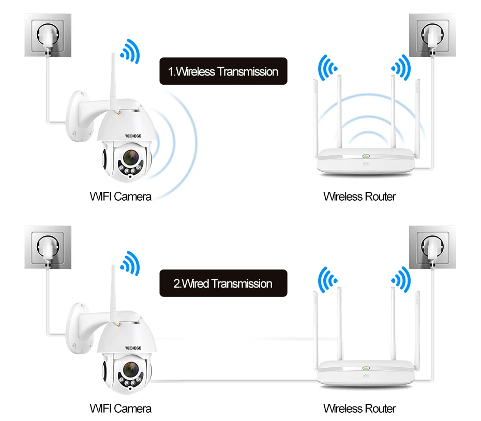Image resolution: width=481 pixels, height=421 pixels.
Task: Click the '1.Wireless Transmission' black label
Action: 223,71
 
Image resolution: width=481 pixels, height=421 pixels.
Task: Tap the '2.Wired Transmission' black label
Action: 223,283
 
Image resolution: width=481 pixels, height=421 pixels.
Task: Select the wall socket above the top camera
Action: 48,35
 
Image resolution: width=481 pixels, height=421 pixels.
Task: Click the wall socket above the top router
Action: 432,35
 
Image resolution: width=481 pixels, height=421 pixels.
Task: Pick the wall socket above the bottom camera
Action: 48,247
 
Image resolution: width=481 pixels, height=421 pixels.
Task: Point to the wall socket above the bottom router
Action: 432,247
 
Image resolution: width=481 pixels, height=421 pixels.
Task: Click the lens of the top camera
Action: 131,158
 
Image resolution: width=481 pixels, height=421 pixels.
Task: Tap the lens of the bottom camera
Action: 131,370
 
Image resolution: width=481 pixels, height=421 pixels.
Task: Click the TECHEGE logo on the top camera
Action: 133,136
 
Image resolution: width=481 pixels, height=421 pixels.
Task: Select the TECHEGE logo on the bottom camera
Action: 133,348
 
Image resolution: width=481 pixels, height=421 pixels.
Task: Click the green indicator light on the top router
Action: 366,156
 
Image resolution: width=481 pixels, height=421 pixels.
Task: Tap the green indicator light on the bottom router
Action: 366,368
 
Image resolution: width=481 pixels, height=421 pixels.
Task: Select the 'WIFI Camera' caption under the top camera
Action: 121,197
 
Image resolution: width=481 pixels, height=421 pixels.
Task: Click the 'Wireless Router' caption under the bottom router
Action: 359,409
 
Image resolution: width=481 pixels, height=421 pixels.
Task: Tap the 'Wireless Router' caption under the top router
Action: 359,197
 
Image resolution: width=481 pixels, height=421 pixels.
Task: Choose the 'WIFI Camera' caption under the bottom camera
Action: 121,409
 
